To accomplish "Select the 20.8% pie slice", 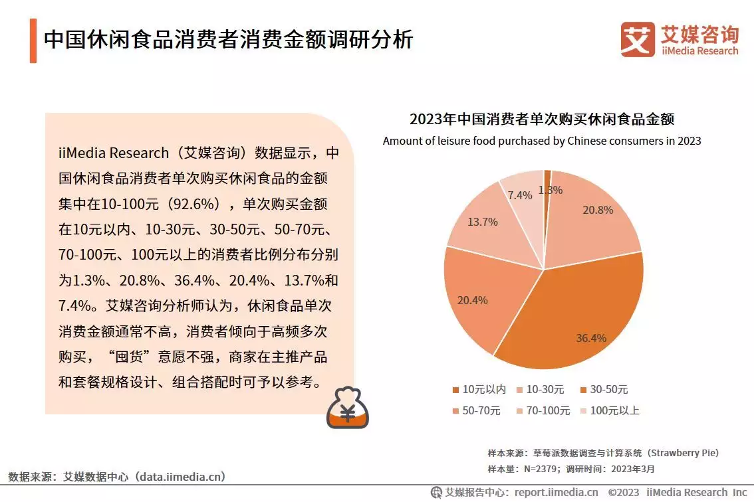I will tap(585, 219).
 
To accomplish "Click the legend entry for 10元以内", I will tap(479, 390).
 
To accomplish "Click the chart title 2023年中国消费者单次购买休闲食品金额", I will tap(542, 120).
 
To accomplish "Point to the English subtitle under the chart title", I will tap(542, 141).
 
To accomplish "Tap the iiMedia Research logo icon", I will tap(637, 39).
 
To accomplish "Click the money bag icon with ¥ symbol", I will tap(347, 408).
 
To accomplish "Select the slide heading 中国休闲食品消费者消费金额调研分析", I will tap(228, 40).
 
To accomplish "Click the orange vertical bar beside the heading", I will tap(33, 41).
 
